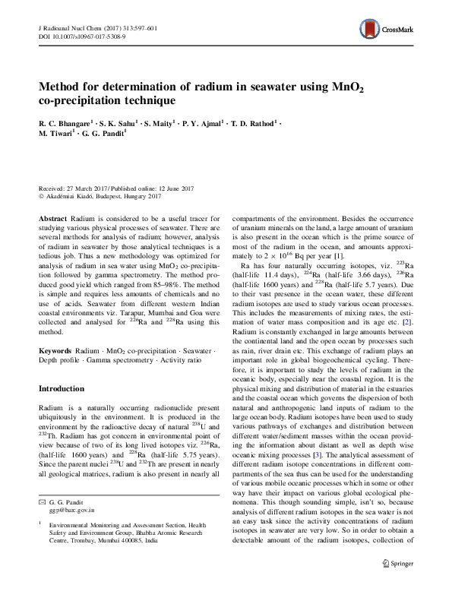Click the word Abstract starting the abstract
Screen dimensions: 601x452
52,218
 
